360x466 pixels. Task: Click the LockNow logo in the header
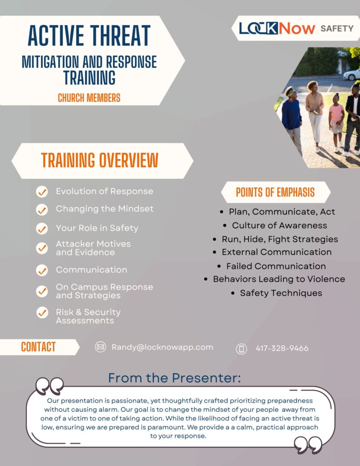277,28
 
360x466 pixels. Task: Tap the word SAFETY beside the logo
337,28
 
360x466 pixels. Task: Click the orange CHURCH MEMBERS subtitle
89,97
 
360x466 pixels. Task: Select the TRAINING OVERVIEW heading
100,160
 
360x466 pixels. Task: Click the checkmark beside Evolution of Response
42,192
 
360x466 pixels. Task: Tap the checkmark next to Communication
42,270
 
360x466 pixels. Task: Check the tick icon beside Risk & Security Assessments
42,313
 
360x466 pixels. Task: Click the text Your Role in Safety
97,228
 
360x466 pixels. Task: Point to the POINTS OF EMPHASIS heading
275,192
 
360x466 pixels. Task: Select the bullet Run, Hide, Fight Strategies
279,239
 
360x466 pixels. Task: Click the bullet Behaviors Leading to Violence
279,279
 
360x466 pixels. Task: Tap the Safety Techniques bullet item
281,293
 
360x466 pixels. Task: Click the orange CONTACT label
38,347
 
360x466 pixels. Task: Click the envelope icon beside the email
100,347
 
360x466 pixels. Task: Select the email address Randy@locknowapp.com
162,347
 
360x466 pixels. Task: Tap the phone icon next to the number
241,349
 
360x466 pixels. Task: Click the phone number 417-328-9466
282,349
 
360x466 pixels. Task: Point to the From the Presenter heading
174,378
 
